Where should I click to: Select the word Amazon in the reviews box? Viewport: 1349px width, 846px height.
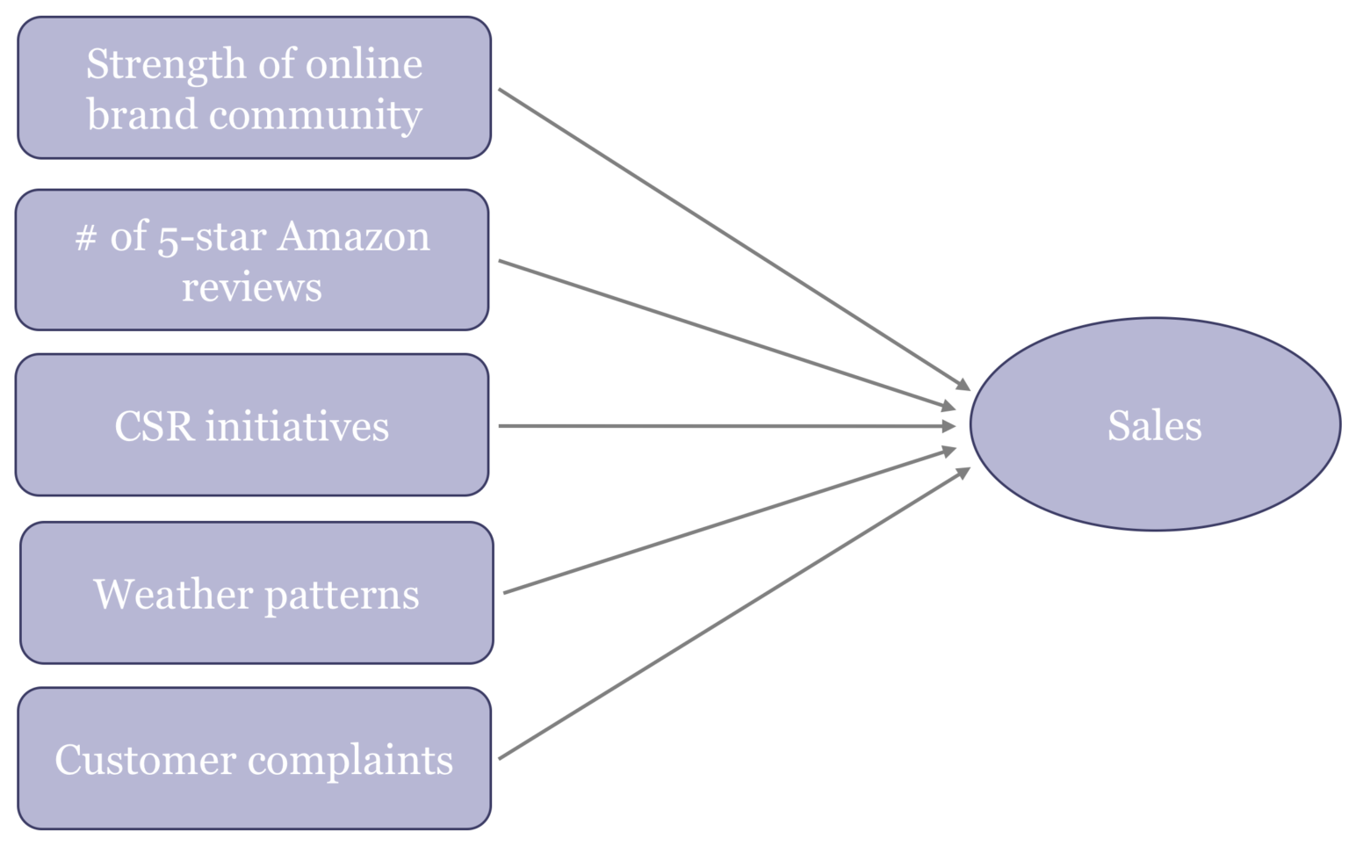tap(354, 236)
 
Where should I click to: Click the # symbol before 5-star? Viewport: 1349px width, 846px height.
tap(85, 237)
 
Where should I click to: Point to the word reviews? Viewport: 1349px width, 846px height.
tap(252, 287)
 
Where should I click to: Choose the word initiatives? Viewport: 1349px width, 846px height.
tap(297, 427)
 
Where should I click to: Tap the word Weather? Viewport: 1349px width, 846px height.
tap(173, 595)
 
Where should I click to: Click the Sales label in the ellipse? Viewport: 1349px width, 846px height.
tap(1154, 426)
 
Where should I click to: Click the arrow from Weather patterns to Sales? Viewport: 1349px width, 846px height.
tap(729, 522)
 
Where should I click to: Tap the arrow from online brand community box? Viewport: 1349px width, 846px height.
tap(733, 238)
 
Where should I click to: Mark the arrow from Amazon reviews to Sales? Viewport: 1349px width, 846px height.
tap(726, 334)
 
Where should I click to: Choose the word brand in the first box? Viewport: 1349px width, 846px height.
tap(141, 115)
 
